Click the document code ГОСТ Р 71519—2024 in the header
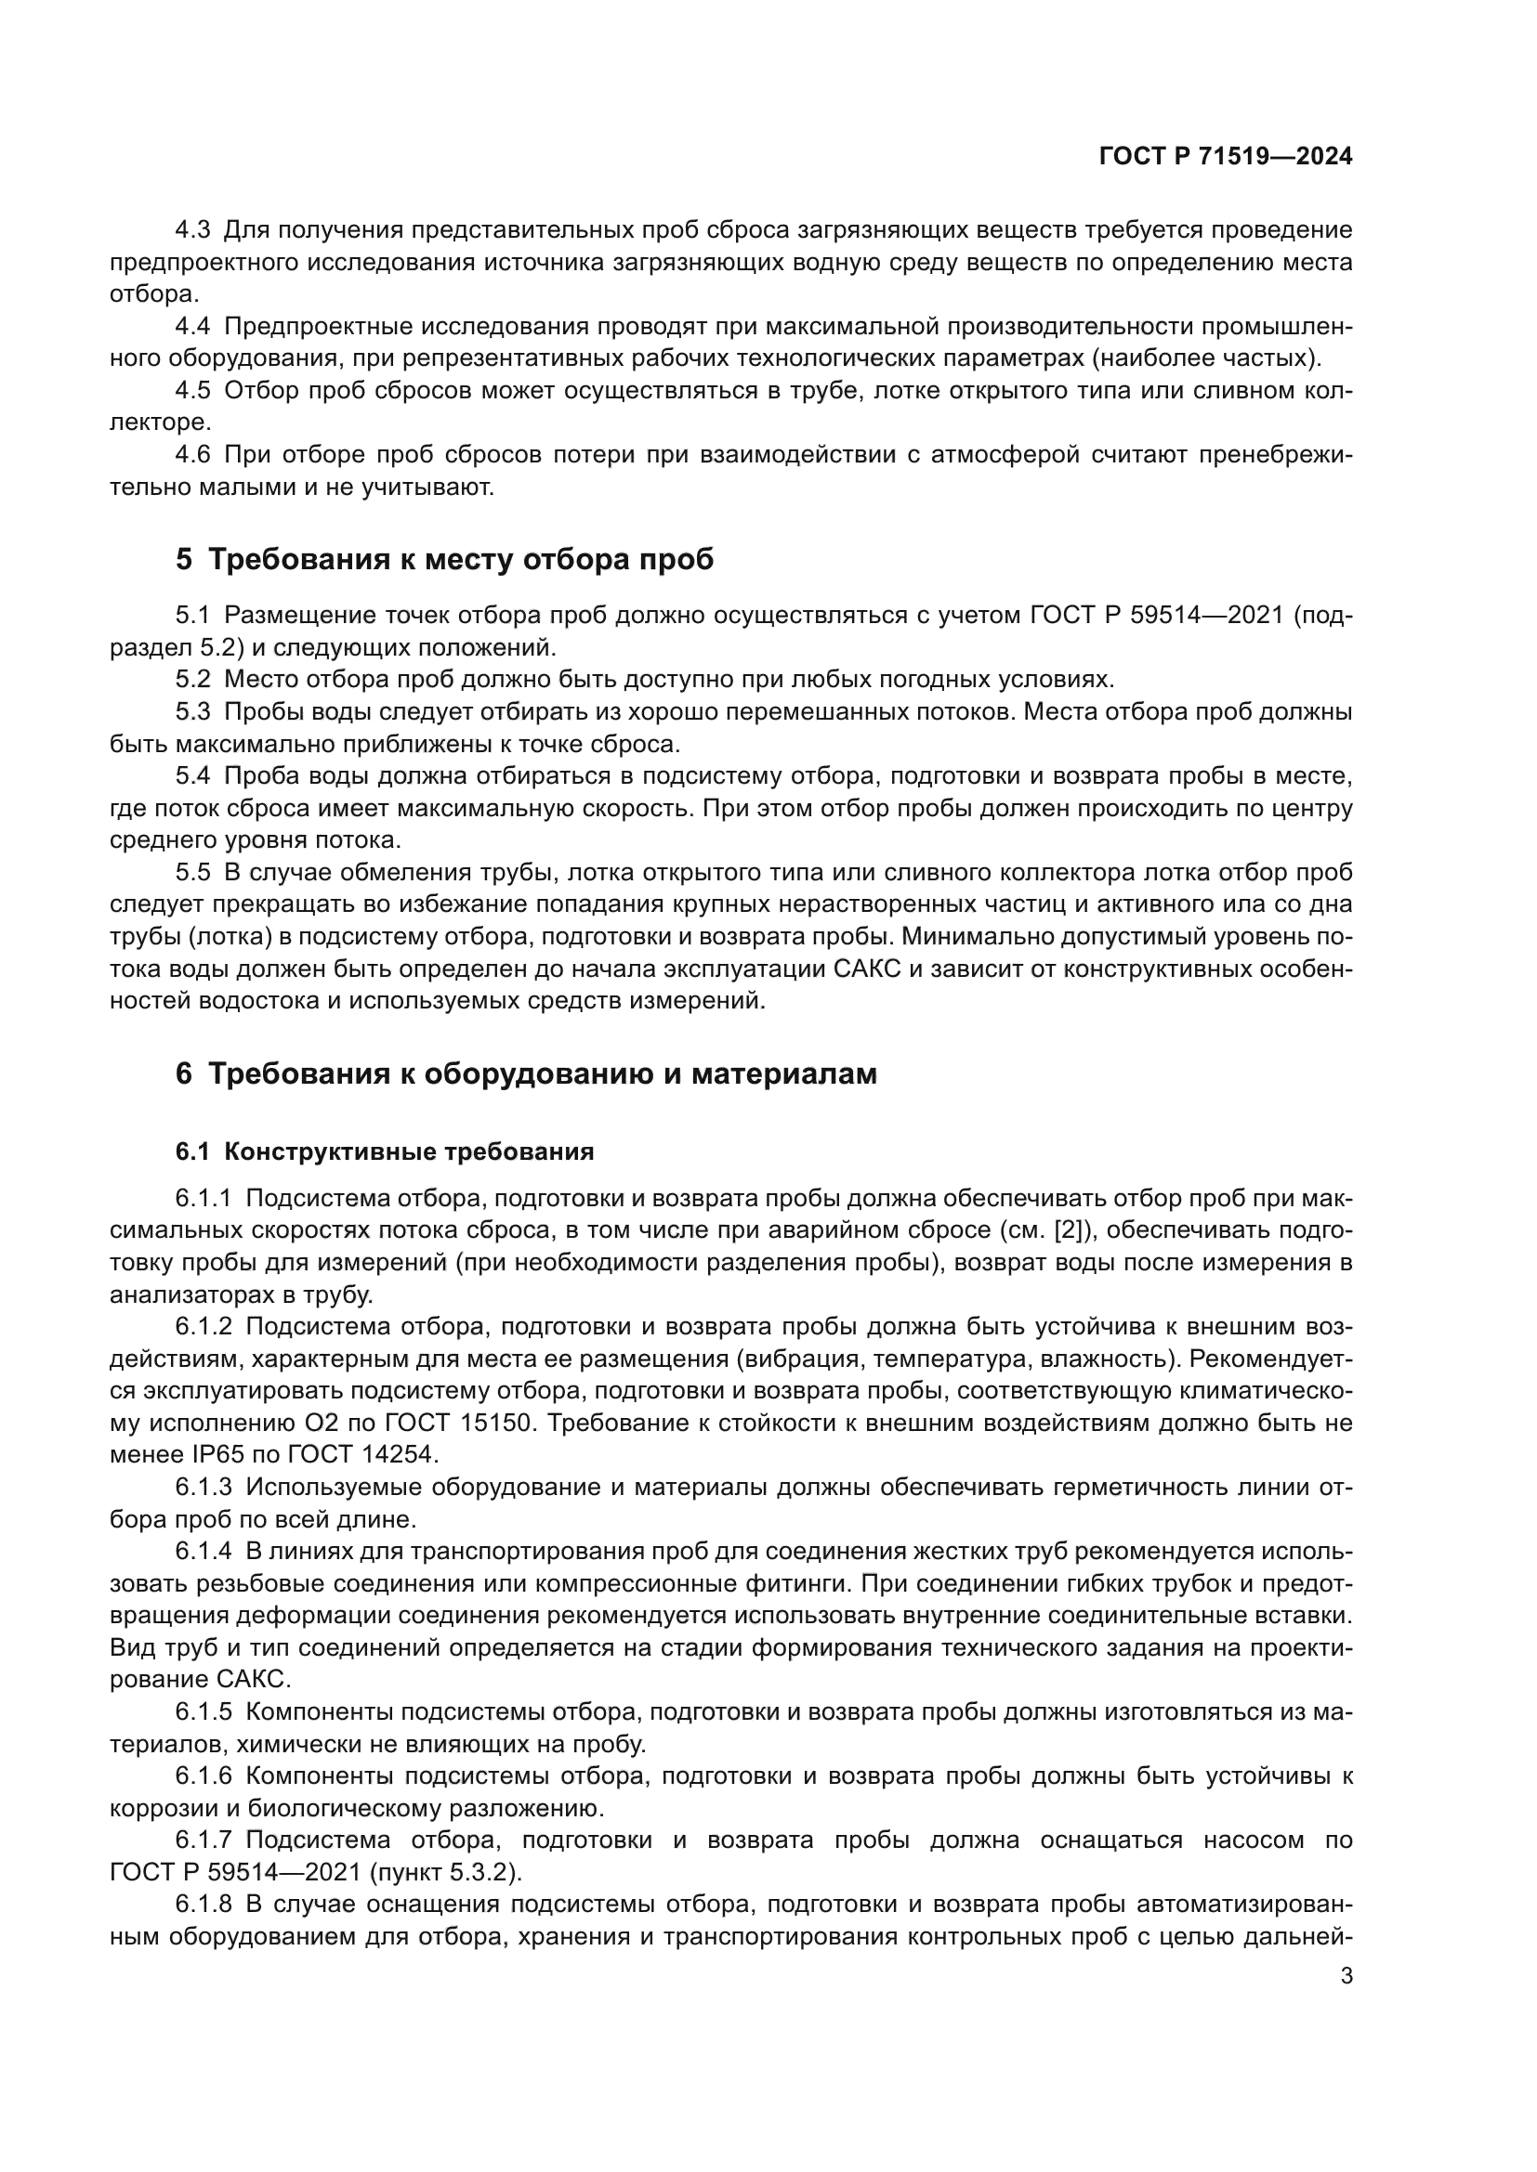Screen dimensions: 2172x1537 point(1225,157)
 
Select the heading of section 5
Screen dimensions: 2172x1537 point(444,559)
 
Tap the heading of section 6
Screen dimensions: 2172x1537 point(525,1073)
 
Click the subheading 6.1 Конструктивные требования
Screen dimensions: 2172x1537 point(385,1151)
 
